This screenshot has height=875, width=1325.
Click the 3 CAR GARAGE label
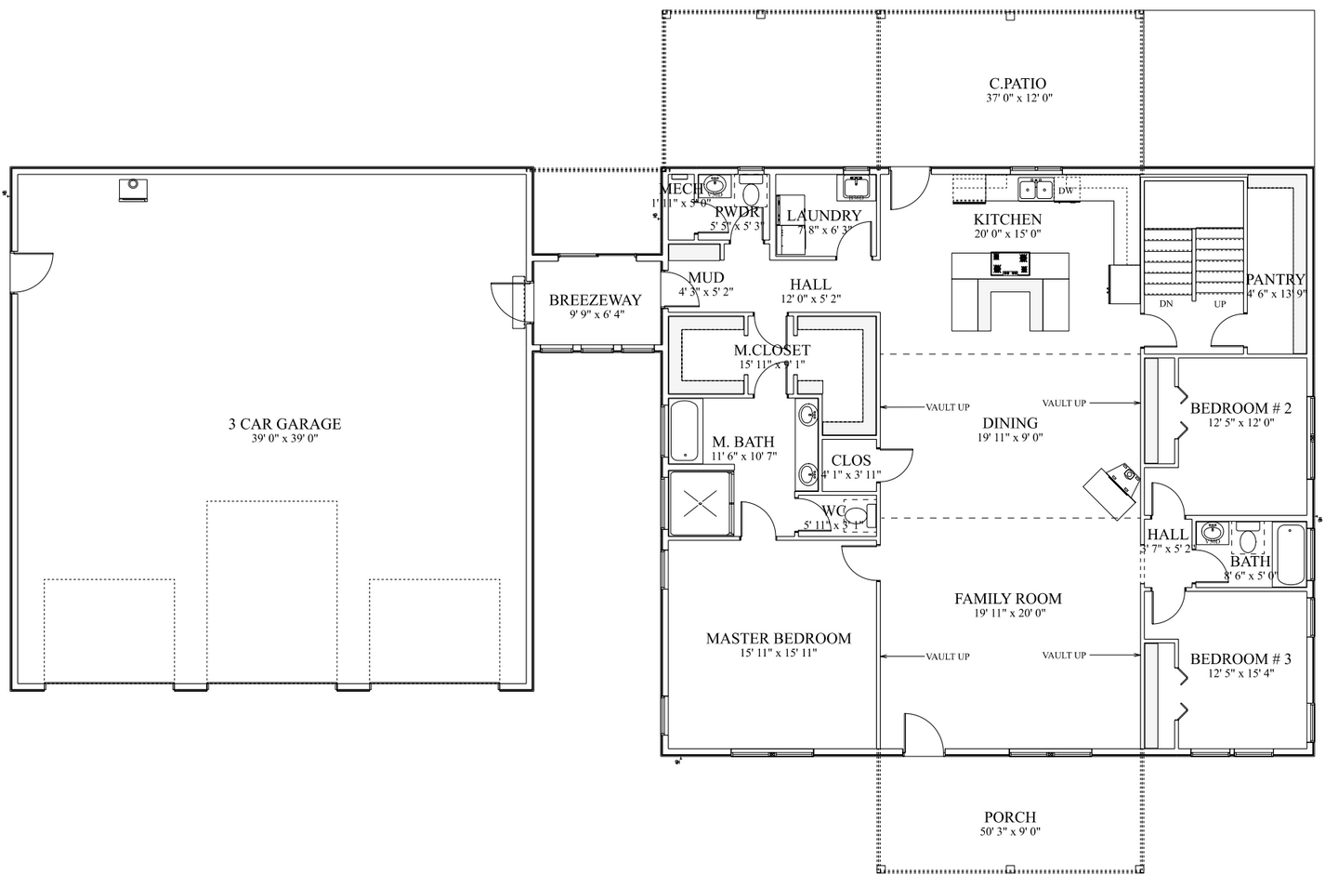click(285, 424)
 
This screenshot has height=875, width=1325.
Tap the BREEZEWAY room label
click(595, 300)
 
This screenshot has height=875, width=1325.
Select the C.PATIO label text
click(1017, 84)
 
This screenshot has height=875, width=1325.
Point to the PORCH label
click(1010, 817)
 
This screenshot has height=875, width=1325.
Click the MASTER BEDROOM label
click(778, 639)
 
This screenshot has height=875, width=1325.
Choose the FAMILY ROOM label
click(1007, 599)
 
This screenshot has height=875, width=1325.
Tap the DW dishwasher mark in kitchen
click(1067, 191)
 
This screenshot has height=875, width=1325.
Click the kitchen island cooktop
click(1010, 264)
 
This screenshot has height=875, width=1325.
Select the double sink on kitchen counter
click(1034, 190)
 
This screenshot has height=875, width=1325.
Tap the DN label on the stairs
click(1166, 304)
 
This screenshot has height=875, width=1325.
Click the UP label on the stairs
click(1219, 304)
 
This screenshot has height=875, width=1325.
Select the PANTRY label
click(1275, 279)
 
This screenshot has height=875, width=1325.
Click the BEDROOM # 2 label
click(1240, 408)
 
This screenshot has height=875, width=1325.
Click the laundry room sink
click(856, 188)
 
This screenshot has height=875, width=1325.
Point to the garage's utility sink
click(133, 188)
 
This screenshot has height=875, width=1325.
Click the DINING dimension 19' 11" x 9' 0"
click(1009, 437)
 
